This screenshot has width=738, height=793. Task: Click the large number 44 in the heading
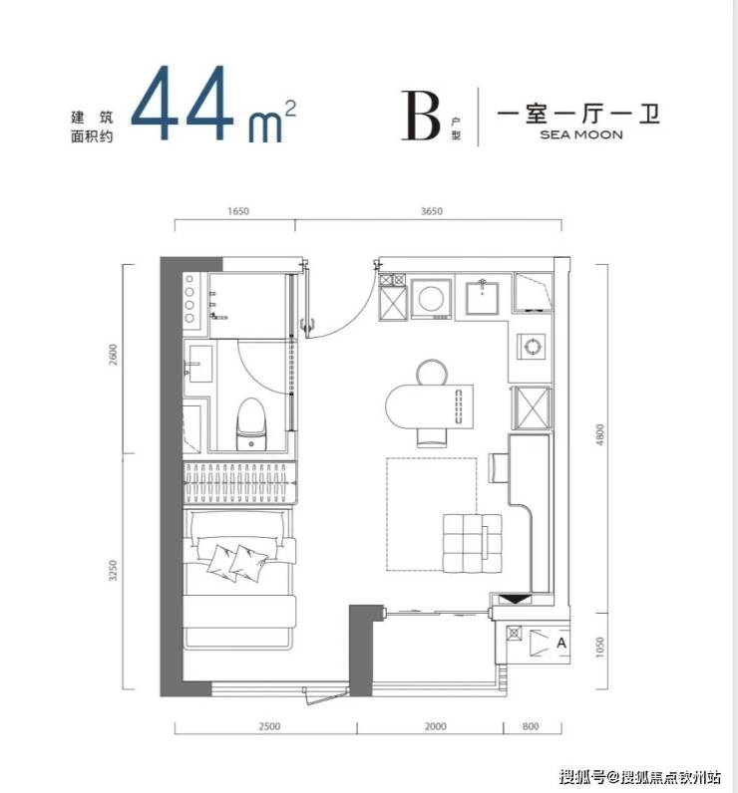(x=182, y=103)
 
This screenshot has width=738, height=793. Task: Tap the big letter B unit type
(x=421, y=116)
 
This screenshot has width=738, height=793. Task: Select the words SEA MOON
(x=581, y=134)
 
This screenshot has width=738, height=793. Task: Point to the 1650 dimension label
(x=238, y=211)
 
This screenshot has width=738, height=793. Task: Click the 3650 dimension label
(x=431, y=211)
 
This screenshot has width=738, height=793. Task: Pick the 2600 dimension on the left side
(x=113, y=355)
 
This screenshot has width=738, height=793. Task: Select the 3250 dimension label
(x=113, y=570)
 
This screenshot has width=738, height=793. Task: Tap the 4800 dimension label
(x=599, y=435)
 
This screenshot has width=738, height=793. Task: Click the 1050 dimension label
(x=599, y=648)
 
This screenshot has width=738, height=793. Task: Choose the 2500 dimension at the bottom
(x=269, y=726)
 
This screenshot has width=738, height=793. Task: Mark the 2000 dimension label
(x=435, y=726)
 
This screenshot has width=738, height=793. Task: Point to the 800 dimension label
(x=531, y=726)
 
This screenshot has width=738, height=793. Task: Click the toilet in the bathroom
(x=251, y=423)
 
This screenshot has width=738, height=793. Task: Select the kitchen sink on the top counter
(x=483, y=298)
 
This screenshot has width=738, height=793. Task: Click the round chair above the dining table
(x=432, y=373)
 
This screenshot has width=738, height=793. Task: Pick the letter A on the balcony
(x=560, y=643)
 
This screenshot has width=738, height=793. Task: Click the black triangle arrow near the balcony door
(x=515, y=600)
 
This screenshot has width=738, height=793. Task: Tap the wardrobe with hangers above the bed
(x=240, y=483)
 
